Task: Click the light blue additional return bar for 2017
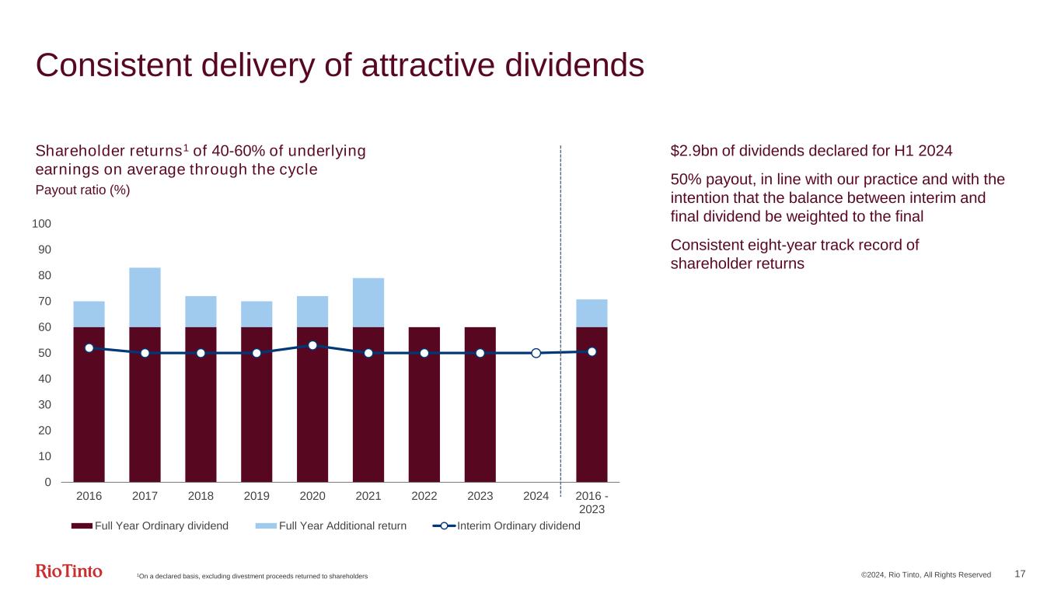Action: (x=145, y=297)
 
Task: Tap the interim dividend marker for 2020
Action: (x=312, y=345)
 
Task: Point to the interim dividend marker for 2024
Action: (x=536, y=353)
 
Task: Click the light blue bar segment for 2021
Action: (x=368, y=302)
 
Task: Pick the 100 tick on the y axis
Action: (x=41, y=224)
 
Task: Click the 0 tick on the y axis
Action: (x=47, y=482)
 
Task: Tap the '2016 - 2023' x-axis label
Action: (x=592, y=502)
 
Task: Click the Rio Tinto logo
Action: (x=69, y=571)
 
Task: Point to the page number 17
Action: (x=1020, y=574)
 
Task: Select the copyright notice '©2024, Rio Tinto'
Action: (x=925, y=574)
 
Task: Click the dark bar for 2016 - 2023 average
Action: (x=592, y=404)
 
